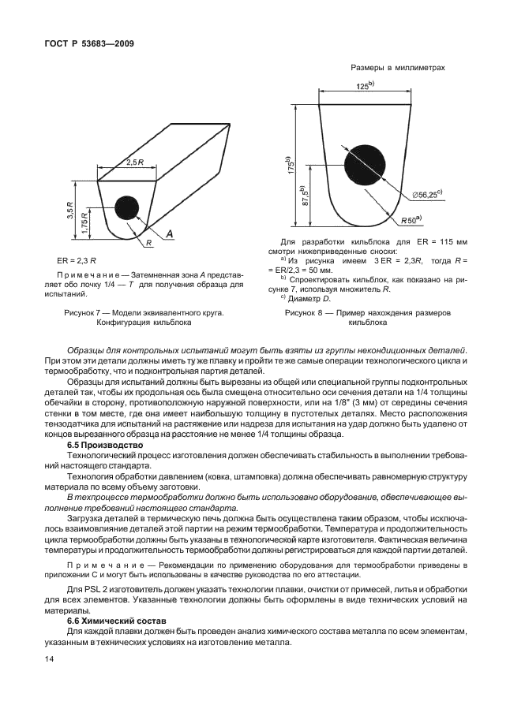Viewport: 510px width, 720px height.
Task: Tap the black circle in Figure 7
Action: click(128, 208)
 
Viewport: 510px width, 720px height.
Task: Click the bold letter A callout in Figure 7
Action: click(170, 234)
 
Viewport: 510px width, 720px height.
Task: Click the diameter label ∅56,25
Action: click(426, 194)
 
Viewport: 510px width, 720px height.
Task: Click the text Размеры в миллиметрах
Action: click(398, 68)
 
